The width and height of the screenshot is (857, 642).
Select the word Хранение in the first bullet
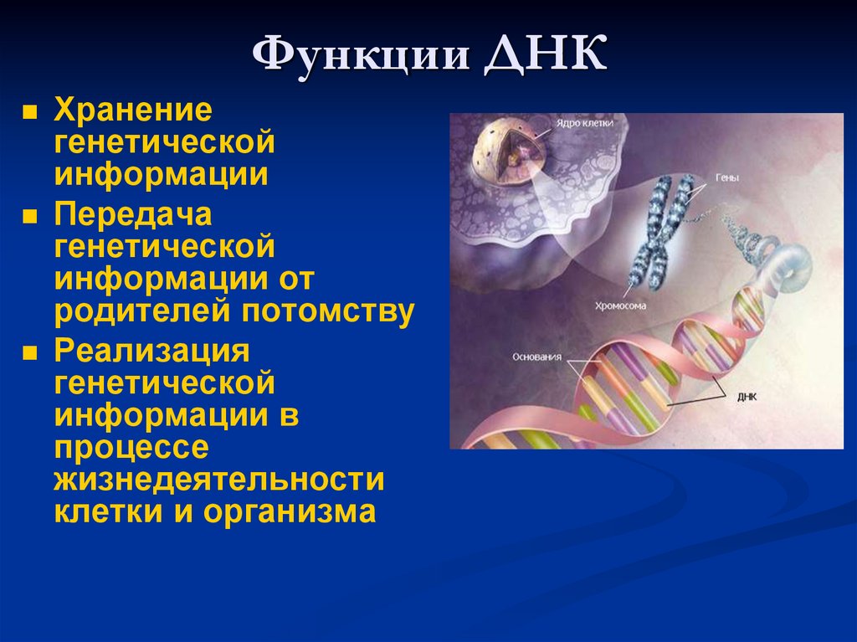tap(132, 110)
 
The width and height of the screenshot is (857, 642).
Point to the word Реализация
tap(152, 351)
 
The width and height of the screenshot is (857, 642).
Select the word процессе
tap(131, 447)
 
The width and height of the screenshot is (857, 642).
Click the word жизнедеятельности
tap(219, 480)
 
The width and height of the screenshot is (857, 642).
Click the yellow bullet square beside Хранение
tap(29, 111)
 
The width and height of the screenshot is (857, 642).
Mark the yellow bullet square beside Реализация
tap(29, 352)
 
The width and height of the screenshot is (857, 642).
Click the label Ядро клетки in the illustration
tap(585, 123)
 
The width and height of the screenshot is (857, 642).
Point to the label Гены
tap(727, 178)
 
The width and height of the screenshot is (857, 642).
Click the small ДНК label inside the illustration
tap(747, 397)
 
